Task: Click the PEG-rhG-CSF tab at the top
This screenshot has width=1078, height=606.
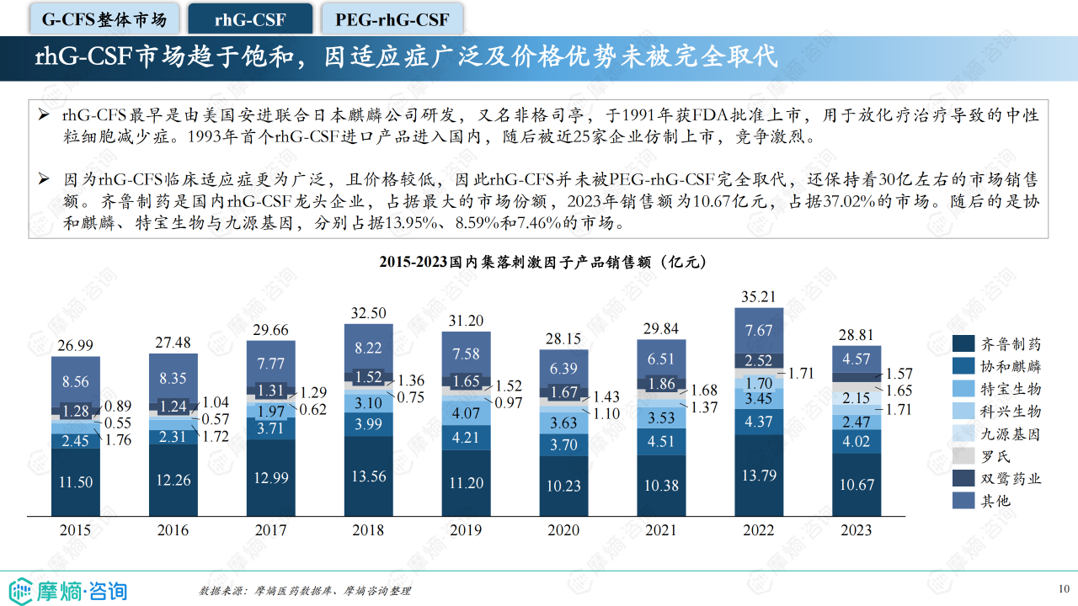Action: tap(392, 19)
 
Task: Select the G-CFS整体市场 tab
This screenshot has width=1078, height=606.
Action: tap(104, 19)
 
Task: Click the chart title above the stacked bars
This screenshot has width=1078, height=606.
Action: tap(542, 263)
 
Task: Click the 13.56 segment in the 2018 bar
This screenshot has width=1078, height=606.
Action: tap(368, 476)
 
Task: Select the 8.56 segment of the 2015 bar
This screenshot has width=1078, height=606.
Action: tap(75, 382)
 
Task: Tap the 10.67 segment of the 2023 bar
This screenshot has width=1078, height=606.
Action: tap(856, 485)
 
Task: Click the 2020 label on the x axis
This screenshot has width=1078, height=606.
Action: tap(563, 530)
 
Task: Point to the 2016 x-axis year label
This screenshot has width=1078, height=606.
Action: tap(173, 530)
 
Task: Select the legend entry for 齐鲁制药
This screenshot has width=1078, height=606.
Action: tap(997, 344)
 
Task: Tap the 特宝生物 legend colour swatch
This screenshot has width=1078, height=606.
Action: tap(963, 389)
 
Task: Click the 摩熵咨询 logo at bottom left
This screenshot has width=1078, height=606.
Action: tap(67, 589)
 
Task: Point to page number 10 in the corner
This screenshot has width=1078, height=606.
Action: tap(1064, 588)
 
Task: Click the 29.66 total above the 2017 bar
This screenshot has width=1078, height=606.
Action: tap(270, 330)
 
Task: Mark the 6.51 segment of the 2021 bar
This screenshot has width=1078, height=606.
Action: tap(661, 359)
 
